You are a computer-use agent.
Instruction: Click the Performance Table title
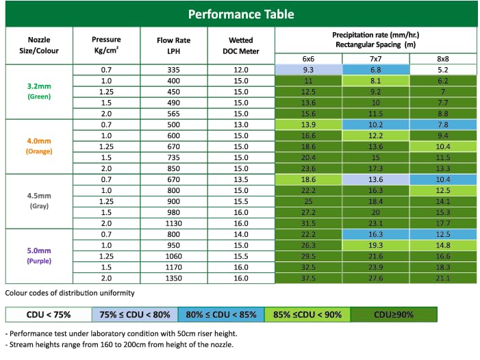click(x=241, y=14)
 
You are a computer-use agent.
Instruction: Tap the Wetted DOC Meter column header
click(x=240, y=46)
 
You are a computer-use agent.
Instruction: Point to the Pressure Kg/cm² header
click(x=106, y=46)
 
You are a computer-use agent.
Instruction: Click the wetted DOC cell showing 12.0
click(x=240, y=70)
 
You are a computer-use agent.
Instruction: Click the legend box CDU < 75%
click(x=49, y=314)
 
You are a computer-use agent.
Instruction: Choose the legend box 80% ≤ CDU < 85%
click(x=221, y=314)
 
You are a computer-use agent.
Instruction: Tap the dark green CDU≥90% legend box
click(x=393, y=314)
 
